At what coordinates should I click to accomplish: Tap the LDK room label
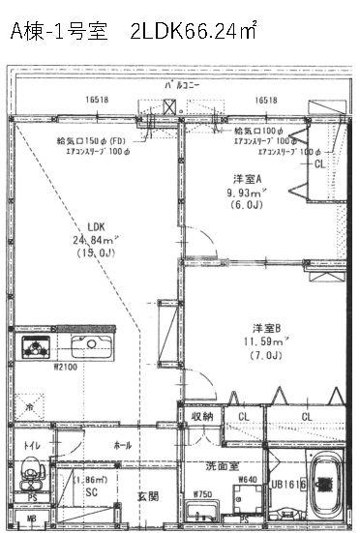(95, 227)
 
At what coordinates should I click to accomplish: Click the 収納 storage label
(201, 416)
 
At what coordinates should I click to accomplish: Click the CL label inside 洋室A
(320, 165)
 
